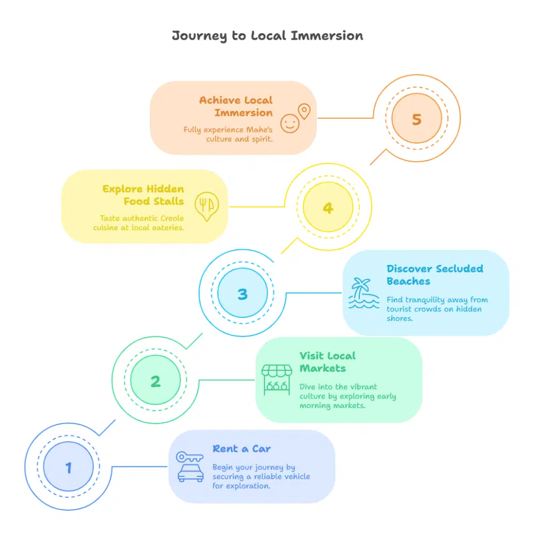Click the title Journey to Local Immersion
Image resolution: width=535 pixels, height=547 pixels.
pyautogui.click(x=267, y=36)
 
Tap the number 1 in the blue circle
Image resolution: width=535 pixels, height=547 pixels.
pyautogui.click(x=68, y=468)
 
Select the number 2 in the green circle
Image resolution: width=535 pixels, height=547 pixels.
pyautogui.click(x=155, y=381)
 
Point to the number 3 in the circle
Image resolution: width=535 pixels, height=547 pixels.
pyautogui.click(x=242, y=294)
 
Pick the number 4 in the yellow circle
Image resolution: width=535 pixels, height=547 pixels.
pyautogui.click(x=328, y=208)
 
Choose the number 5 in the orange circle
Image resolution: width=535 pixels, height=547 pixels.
pyautogui.click(x=416, y=120)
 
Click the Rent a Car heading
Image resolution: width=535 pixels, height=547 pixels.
pyautogui.click(x=241, y=449)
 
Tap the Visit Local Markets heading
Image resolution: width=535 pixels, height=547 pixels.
pyautogui.click(x=327, y=362)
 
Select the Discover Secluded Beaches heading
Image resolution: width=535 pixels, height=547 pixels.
pyautogui.click(x=435, y=275)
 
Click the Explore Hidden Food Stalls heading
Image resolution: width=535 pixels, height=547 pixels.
pyautogui.click(x=143, y=195)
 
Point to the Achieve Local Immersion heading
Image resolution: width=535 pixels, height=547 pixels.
pyautogui.click(x=236, y=106)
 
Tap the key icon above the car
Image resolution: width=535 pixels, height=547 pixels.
pyautogui.click(x=190, y=457)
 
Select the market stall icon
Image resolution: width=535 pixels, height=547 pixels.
pyautogui.click(x=277, y=380)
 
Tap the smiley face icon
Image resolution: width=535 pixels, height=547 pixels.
pyautogui.click(x=290, y=123)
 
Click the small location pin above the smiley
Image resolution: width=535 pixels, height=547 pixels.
pyautogui.click(x=304, y=111)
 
